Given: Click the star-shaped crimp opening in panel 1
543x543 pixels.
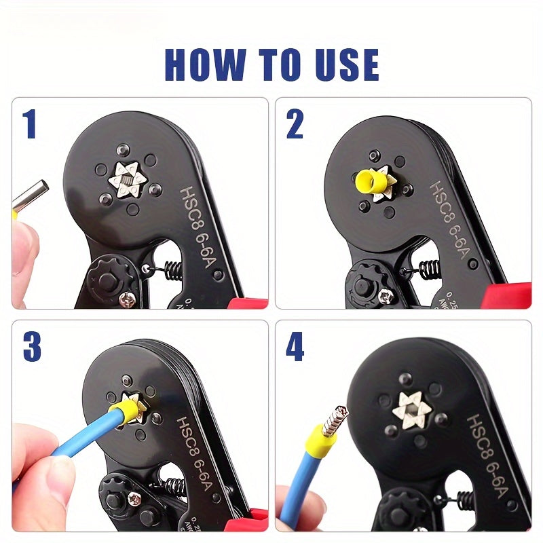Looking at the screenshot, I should (128, 180).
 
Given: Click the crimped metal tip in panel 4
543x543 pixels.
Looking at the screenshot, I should (335, 420).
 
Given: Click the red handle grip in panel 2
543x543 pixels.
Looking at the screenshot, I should (506, 297).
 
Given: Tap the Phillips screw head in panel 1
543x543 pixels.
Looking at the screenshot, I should (126, 297).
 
